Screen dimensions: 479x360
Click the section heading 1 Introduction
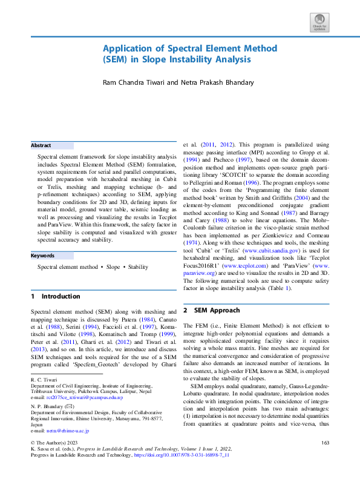tap(56, 297)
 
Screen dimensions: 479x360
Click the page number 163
tap(324, 460)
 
